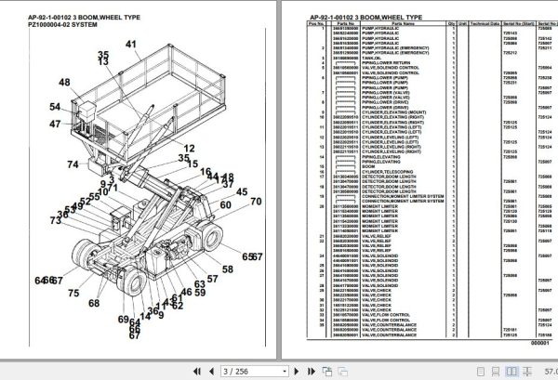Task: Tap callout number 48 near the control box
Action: pos(64,84)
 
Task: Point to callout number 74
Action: pos(73,139)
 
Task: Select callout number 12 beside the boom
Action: pos(189,149)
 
